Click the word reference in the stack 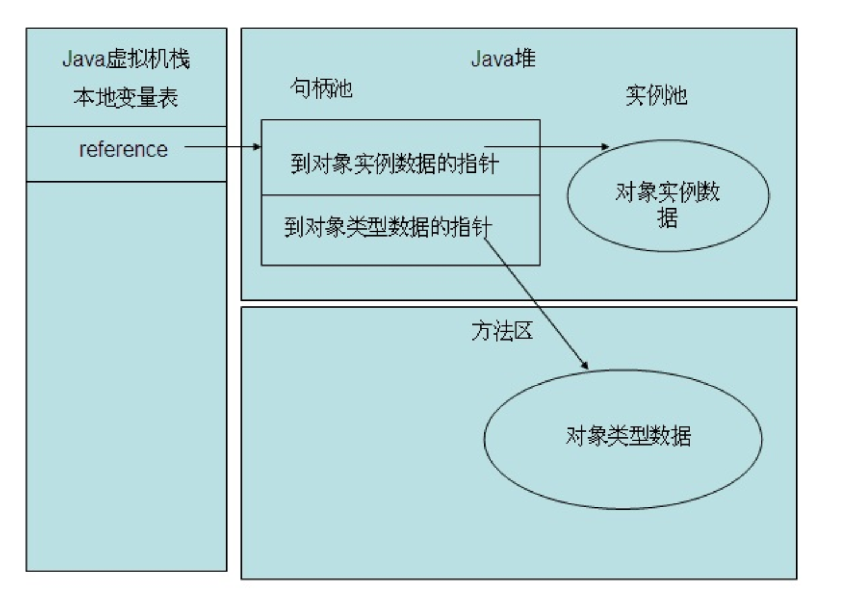coord(123,150)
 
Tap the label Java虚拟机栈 coord(126,59)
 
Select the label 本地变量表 coord(126,97)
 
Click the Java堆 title coord(503,59)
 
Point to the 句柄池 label coord(321,89)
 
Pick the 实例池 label coord(656,95)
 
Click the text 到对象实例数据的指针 coord(394,163)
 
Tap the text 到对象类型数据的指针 coord(388,227)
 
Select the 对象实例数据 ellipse coord(667,195)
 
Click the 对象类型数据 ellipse coord(623,439)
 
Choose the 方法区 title coord(502,331)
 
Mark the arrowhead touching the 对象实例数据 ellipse coord(605,147)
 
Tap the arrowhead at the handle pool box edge coord(257,147)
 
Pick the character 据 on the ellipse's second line coord(667,218)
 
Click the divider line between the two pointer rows coord(400,195)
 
